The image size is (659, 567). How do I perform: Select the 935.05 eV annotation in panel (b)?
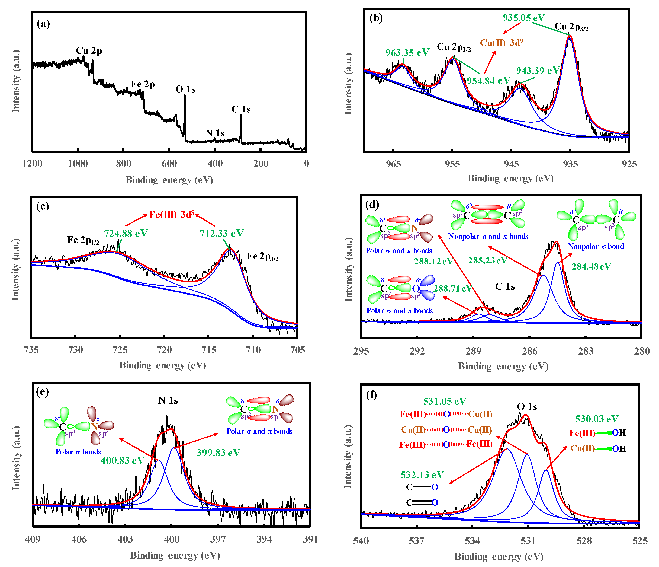click(523, 18)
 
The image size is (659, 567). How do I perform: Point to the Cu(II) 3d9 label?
click(502, 43)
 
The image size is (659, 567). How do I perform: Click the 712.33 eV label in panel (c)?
click(222, 234)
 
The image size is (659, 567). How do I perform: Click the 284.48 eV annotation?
click(591, 267)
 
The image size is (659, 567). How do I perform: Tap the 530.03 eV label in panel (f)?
click(597, 419)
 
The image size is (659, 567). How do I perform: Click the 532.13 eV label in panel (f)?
click(422, 475)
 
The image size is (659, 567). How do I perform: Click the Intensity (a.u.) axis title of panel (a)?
click(16, 81)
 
